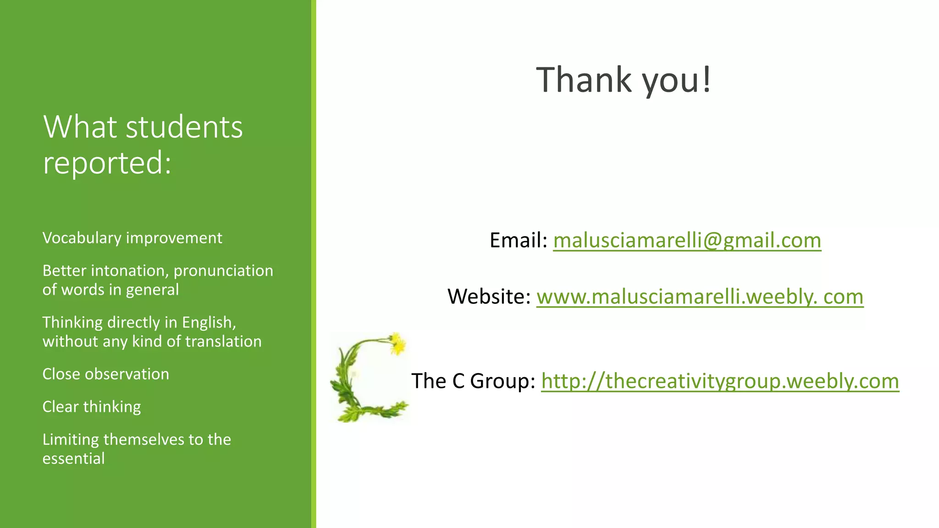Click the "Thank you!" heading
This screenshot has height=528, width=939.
point(624,80)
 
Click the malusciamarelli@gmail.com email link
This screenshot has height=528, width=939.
point(687,240)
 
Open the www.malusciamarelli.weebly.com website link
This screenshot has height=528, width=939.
point(700,297)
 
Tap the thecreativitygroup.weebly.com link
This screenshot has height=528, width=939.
point(720,381)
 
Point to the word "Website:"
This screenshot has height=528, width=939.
point(489,297)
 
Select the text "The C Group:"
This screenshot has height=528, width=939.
point(473,381)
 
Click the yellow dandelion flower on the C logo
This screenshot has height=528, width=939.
point(398,343)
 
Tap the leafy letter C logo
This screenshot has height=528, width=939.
point(362,380)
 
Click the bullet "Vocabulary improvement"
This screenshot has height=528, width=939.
point(132,238)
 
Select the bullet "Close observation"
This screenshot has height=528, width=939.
point(105,374)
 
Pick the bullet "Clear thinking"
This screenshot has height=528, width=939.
point(91,407)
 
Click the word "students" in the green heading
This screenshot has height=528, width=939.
point(184,127)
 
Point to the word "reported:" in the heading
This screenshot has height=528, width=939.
point(107,162)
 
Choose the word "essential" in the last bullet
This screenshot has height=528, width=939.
point(73,458)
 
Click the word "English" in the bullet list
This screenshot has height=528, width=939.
point(208,323)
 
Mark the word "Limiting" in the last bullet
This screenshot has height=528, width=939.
point(71,440)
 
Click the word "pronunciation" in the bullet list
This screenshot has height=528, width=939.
point(223,271)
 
